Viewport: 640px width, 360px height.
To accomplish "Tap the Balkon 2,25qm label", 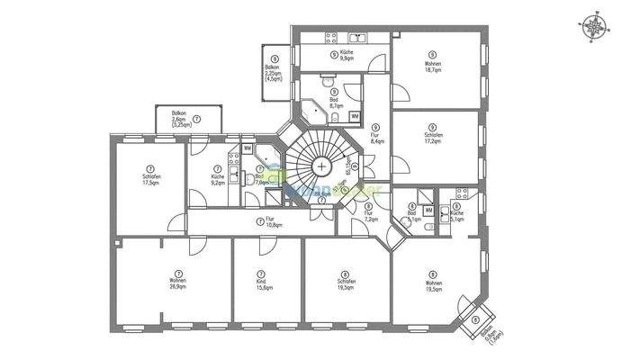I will click(x=274, y=72).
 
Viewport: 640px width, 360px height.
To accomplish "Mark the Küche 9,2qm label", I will click(x=217, y=175).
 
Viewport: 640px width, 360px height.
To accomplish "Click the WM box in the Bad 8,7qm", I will click(x=354, y=116).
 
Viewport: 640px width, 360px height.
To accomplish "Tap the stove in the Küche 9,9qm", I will click(x=329, y=38).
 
